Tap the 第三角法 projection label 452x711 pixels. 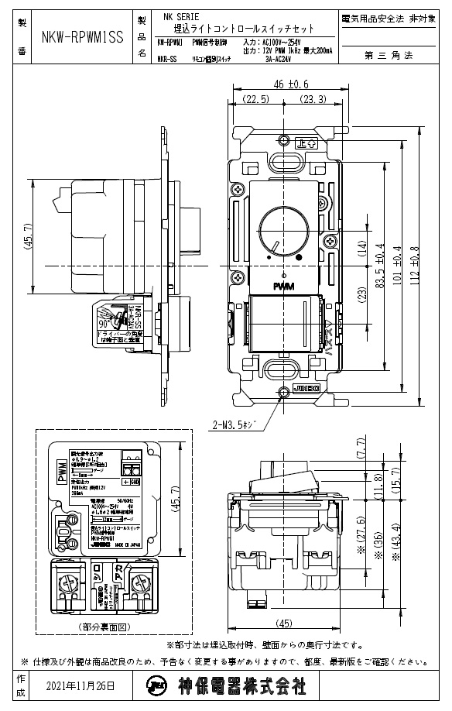tap(393, 55)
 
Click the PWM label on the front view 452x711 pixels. tap(284, 287)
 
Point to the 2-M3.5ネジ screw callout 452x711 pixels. tap(240, 424)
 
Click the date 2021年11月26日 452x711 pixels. tap(80, 686)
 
